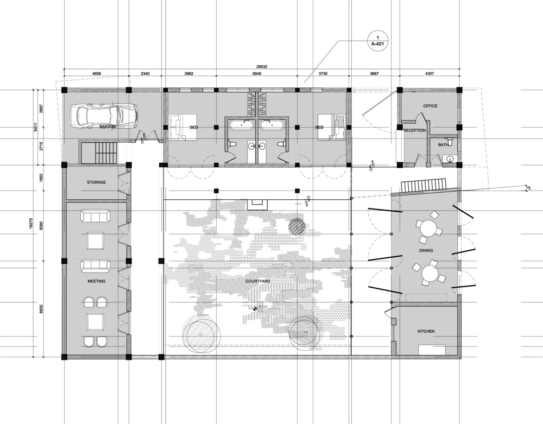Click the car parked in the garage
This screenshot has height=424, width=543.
click(105, 115)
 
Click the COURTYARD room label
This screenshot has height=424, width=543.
click(258, 281)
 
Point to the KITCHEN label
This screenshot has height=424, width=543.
click(426, 331)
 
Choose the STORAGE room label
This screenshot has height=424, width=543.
click(96, 182)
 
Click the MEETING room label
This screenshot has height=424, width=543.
click(96, 281)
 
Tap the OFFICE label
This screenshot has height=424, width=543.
click(430, 106)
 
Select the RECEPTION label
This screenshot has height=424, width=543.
click(414, 130)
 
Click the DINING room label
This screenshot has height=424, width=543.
click(426, 251)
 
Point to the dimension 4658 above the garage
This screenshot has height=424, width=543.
click(97, 73)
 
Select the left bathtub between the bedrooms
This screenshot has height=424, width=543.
click(239, 125)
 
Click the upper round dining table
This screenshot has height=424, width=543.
click(430, 227)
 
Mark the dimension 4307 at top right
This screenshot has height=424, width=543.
click(430, 73)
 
